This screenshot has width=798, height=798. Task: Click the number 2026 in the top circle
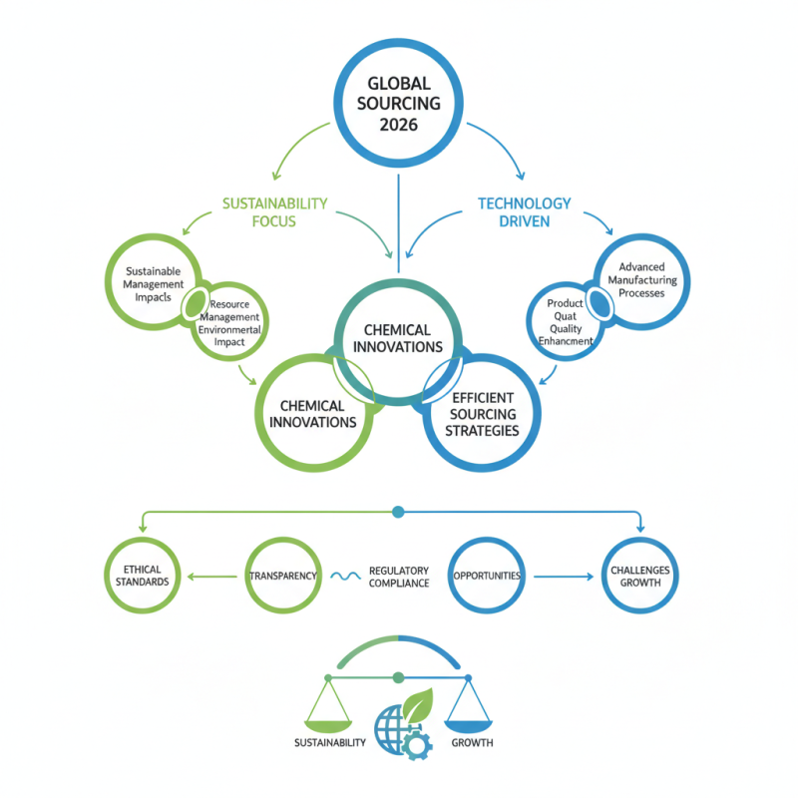click(398, 126)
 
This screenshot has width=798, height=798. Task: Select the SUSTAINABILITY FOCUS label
click(274, 211)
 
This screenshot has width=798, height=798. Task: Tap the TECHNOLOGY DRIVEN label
click(524, 211)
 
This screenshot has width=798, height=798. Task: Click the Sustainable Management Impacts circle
click(153, 282)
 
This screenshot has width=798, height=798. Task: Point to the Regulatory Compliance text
click(398, 577)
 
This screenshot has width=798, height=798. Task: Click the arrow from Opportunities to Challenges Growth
click(564, 576)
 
